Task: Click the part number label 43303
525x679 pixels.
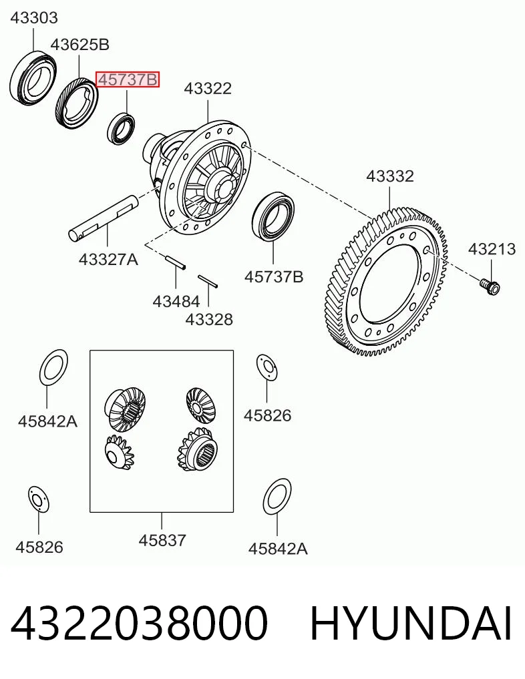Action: [34, 18]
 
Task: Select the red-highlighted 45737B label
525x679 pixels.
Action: [128, 79]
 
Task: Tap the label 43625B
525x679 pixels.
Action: [79, 45]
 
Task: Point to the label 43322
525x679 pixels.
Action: [208, 88]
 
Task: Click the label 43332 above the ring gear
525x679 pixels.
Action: [390, 176]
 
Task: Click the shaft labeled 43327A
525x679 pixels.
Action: [104, 217]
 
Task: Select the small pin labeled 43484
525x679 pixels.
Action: [176, 263]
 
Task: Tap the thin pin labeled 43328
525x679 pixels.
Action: [208, 280]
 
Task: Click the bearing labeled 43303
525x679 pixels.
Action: [34, 78]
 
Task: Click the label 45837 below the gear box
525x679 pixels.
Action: [162, 540]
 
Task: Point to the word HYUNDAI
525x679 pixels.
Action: [411, 624]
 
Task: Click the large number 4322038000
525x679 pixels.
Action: [139, 624]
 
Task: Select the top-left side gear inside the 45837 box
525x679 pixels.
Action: [125, 410]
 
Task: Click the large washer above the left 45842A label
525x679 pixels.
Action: [53, 367]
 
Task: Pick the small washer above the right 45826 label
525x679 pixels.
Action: [267, 368]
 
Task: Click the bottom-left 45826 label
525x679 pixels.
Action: [39, 547]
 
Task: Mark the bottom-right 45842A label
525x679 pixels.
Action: [278, 549]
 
